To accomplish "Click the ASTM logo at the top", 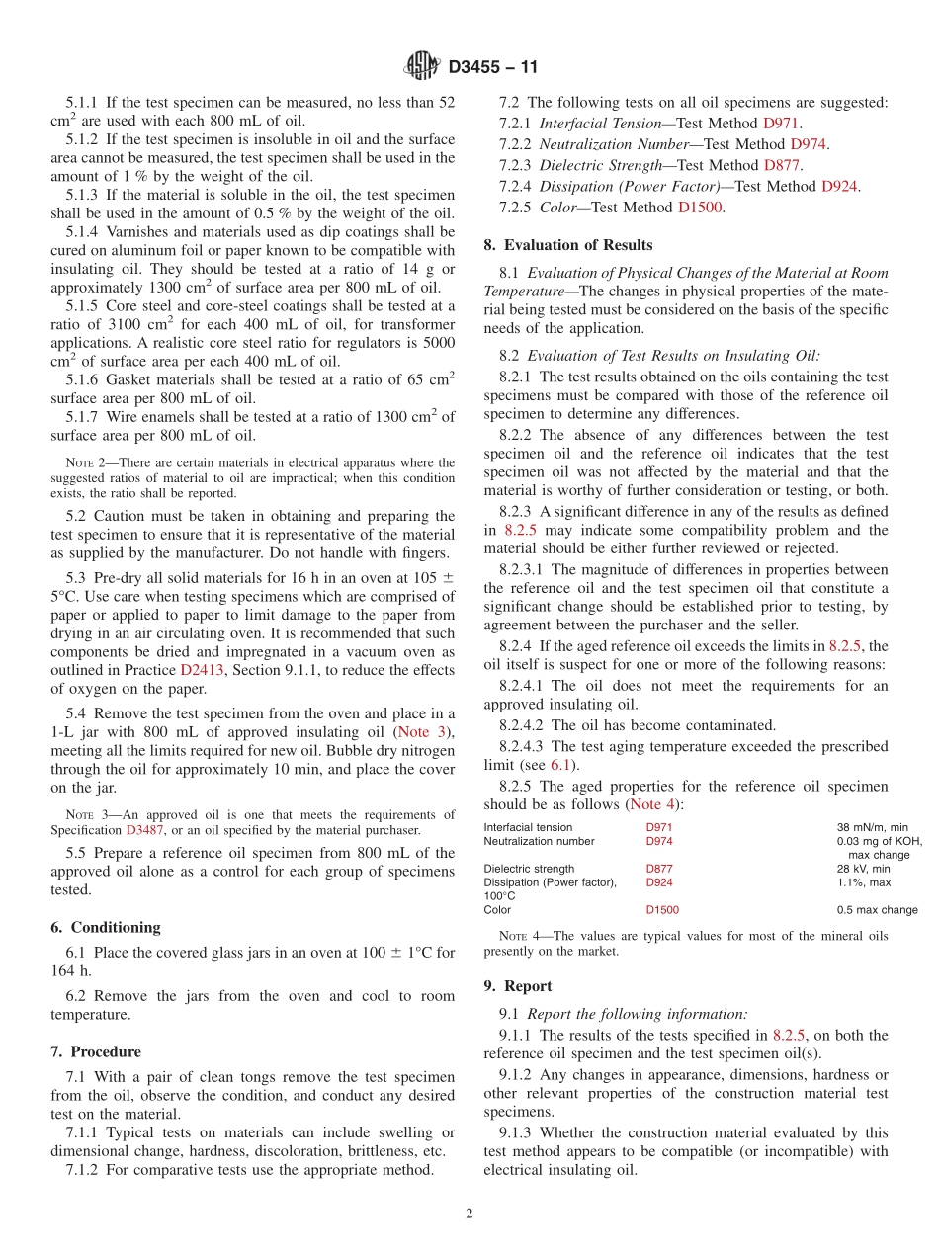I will [422, 67].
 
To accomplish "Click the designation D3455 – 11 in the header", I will [493, 68].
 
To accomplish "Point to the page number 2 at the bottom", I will [469, 1214].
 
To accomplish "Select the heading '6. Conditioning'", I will [105, 927].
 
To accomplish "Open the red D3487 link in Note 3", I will [145, 830].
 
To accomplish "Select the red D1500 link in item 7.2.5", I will [700, 208].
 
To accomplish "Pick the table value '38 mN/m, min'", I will [873, 827].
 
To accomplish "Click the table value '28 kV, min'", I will [863, 869].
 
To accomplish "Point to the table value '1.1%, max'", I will [864, 882].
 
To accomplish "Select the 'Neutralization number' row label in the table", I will [539, 841].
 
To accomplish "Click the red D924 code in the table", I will [659, 882].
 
